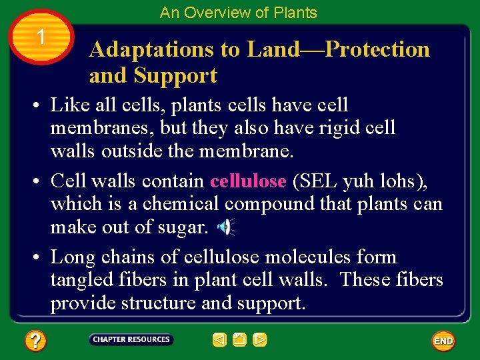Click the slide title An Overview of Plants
click(238, 12)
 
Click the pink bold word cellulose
click(248, 181)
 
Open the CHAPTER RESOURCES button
click(131, 340)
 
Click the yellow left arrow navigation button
click(219, 340)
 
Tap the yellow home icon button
click(239, 340)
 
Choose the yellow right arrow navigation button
click(260, 340)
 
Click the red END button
click(443, 341)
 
